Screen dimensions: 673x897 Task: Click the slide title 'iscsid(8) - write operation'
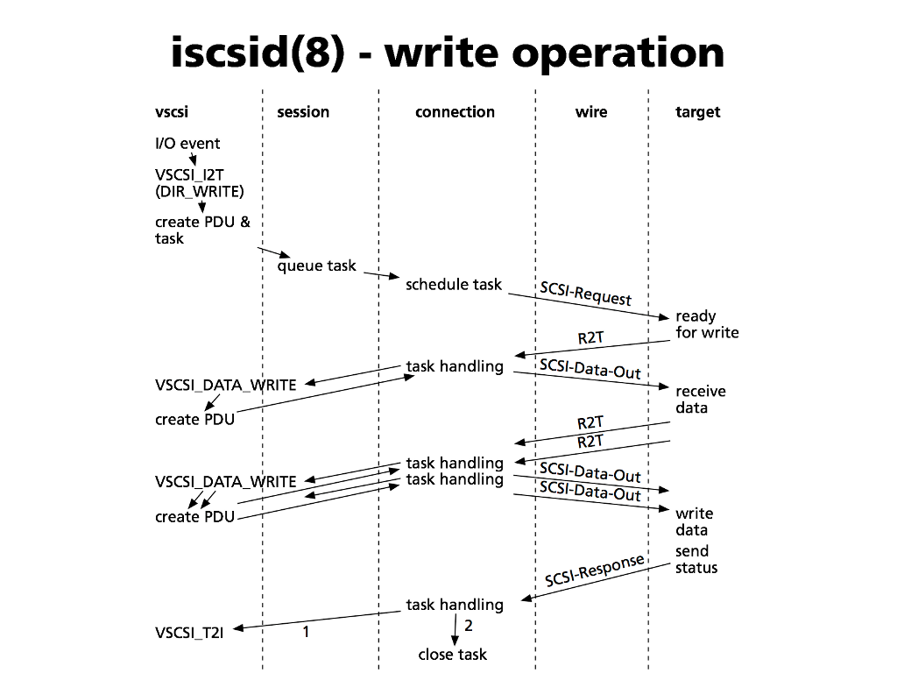pyautogui.click(x=448, y=53)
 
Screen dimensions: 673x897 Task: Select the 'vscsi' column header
pyautogui.click(x=172, y=112)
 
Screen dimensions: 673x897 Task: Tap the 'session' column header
pyautogui.click(x=303, y=112)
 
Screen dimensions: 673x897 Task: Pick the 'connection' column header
pyautogui.click(x=455, y=112)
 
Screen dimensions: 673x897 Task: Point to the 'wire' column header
pyautogui.click(x=591, y=112)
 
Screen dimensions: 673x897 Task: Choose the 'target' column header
pyautogui.click(x=698, y=112)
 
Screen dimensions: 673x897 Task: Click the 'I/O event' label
pyautogui.click(x=187, y=144)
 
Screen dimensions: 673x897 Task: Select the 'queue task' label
pyautogui.click(x=317, y=266)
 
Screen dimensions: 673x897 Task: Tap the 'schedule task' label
pyautogui.click(x=454, y=284)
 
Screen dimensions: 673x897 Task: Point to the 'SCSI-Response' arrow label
pyautogui.click(x=595, y=570)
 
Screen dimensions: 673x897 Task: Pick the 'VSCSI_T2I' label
pyautogui.click(x=189, y=633)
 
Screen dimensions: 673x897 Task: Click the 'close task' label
pyautogui.click(x=453, y=655)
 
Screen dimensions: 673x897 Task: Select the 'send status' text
pyautogui.click(x=696, y=559)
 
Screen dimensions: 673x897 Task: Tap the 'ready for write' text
pyautogui.click(x=707, y=324)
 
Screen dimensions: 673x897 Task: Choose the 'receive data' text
pyautogui.click(x=700, y=400)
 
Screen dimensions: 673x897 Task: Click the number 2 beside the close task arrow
pyautogui.click(x=469, y=626)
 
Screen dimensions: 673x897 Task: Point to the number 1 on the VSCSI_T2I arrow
pyautogui.click(x=306, y=630)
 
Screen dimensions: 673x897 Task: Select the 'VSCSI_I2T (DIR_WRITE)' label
pyautogui.click(x=200, y=183)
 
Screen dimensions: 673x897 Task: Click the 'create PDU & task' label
pyautogui.click(x=202, y=230)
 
